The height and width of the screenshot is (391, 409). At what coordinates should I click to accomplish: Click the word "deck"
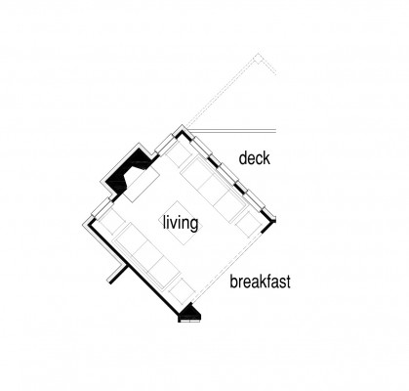(x=255, y=158)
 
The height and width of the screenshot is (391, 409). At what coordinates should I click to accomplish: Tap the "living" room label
(x=181, y=223)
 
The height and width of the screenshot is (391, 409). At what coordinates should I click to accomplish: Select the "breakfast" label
(x=260, y=282)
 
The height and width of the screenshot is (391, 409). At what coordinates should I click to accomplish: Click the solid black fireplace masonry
(x=128, y=170)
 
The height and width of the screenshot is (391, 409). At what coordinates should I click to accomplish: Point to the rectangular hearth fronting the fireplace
(x=142, y=185)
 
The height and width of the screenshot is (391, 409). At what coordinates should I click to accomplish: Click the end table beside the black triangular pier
(x=182, y=289)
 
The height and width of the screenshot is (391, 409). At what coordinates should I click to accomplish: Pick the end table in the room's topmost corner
(x=179, y=154)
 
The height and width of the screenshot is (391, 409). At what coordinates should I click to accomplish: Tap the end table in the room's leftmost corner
(x=111, y=221)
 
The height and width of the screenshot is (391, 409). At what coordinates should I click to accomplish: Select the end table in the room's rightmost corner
(x=249, y=224)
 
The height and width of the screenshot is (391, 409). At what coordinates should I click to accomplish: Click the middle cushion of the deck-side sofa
(x=213, y=189)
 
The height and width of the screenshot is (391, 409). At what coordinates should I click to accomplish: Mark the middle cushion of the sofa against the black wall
(x=148, y=256)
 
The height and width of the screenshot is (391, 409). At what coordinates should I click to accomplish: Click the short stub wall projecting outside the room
(x=116, y=274)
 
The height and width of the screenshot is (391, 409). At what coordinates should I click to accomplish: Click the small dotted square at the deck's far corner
(x=259, y=59)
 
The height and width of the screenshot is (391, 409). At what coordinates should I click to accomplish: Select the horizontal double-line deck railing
(x=232, y=131)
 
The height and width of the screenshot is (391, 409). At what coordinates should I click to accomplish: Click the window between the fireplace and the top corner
(x=166, y=145)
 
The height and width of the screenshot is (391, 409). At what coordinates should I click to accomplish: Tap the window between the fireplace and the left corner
(x=102, y=207)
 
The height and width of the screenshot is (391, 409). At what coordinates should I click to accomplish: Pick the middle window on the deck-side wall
(x=227, y=170)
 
